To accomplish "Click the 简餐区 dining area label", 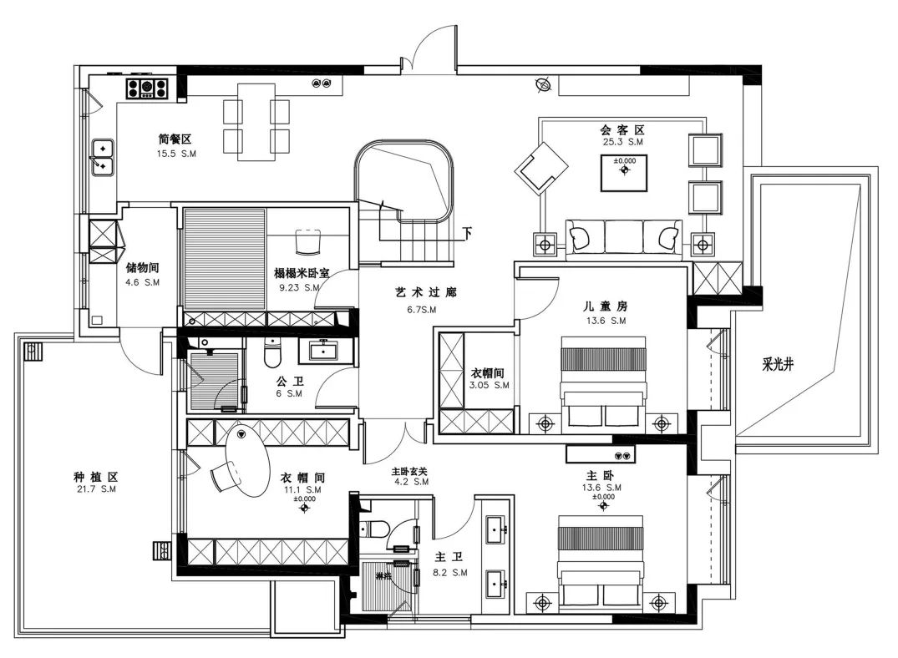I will [175, 139].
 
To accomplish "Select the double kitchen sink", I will [103, 157].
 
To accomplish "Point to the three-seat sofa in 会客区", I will [622, 237].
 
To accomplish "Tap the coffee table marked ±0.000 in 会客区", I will [625, 172].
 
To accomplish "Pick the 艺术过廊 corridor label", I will [426, 293].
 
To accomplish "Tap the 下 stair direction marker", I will [468, 232].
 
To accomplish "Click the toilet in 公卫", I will [271, 354].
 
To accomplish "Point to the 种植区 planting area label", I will [95, 477].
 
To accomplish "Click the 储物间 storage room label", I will [142, 269].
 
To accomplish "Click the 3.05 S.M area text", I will [490, 386].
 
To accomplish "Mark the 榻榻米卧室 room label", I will [307, 273].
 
